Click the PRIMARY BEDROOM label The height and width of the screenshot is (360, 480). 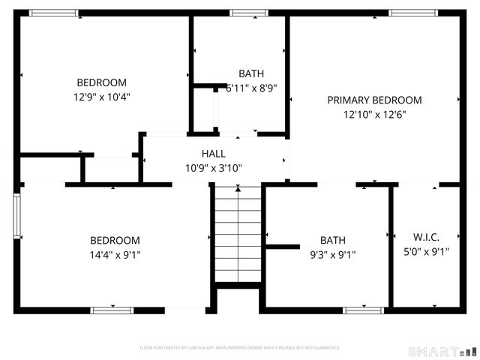pos(374,100)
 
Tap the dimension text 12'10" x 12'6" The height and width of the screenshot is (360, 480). pos(374,115)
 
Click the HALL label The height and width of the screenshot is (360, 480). pos(213,154)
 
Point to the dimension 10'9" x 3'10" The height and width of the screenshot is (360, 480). pos(213,168)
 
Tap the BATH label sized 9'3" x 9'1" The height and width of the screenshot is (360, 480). pos(333,240)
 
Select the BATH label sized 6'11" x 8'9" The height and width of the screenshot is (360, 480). pos(251,73)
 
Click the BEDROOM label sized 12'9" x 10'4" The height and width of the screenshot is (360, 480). pos(101,82)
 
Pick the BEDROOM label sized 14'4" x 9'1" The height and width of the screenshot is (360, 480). pos(115,240)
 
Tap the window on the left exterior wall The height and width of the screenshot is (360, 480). pos(17,217)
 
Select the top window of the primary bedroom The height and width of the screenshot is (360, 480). pos(413,13)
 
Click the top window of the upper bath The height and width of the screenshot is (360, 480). pos(248,13)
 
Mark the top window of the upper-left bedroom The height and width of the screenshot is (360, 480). pos(53,13)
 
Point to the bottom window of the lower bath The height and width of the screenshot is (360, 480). pos(364,310)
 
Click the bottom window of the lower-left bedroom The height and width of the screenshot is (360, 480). pos(112,310)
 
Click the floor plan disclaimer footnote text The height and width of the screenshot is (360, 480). pos(240,348)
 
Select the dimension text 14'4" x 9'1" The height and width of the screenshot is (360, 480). pos(115,254)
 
